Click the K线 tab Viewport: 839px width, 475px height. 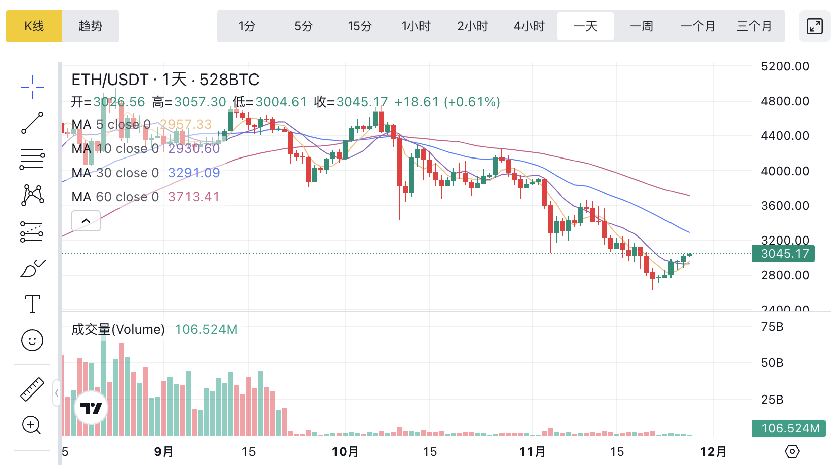tap(34, 26)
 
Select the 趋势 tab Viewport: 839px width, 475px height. tap(91, 26)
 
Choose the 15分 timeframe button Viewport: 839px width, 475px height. tap(360, 26)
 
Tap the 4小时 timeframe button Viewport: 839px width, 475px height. tap(529, 26)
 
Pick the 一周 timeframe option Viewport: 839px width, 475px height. tap(641, 26)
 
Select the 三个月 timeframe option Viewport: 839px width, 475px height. tap(754, 26)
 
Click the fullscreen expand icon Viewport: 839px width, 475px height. tap(814, 26)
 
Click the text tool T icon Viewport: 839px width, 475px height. tap(33, 304)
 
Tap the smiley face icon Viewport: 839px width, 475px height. tap(32, 341)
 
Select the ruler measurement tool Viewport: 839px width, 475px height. tap(32, 389)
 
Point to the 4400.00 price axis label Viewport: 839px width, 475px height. tap(785, 136)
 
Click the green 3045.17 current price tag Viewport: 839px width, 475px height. tap(783, 254)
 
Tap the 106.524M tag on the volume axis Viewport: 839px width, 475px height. tap(789, 428)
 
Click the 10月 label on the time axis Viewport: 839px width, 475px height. tap(345, 452)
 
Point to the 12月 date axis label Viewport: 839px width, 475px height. tap(713, 452)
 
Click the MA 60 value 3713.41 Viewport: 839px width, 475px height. tap(194, 197)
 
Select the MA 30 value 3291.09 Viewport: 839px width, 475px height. tap(194, 173)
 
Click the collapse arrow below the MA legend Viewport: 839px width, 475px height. tap(86, 221)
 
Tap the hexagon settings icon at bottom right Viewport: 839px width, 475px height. tap(792, 451)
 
